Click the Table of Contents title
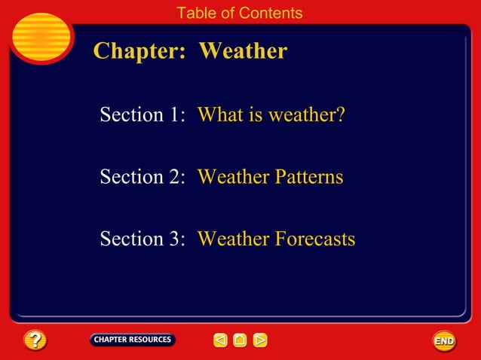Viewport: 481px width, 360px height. click(x=239, y=13)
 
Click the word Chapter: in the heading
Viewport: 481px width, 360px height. click(x=139, y=51)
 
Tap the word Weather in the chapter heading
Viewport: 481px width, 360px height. click(x=243, y=51)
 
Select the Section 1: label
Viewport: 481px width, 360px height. click(x=142, y=115)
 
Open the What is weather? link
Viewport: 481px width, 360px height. click(x=271, y=115)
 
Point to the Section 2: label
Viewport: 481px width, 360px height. click(x=142, y=177)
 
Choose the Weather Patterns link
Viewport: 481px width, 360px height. click(x=270, y=177)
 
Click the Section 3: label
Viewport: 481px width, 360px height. click(x=142, y=239)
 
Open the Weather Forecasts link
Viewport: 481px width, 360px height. click(x=276, y=239)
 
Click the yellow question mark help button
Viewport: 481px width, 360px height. click(x=35, y=340)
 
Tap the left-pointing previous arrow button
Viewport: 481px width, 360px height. click(x=220, y=340)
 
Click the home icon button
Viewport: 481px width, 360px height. click(x=240, y=340)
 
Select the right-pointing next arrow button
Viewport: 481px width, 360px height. click(x=260, y=340)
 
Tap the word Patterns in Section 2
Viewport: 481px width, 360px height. click(x=308, y=177)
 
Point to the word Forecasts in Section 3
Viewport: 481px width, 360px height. click(x=315, y=239)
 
